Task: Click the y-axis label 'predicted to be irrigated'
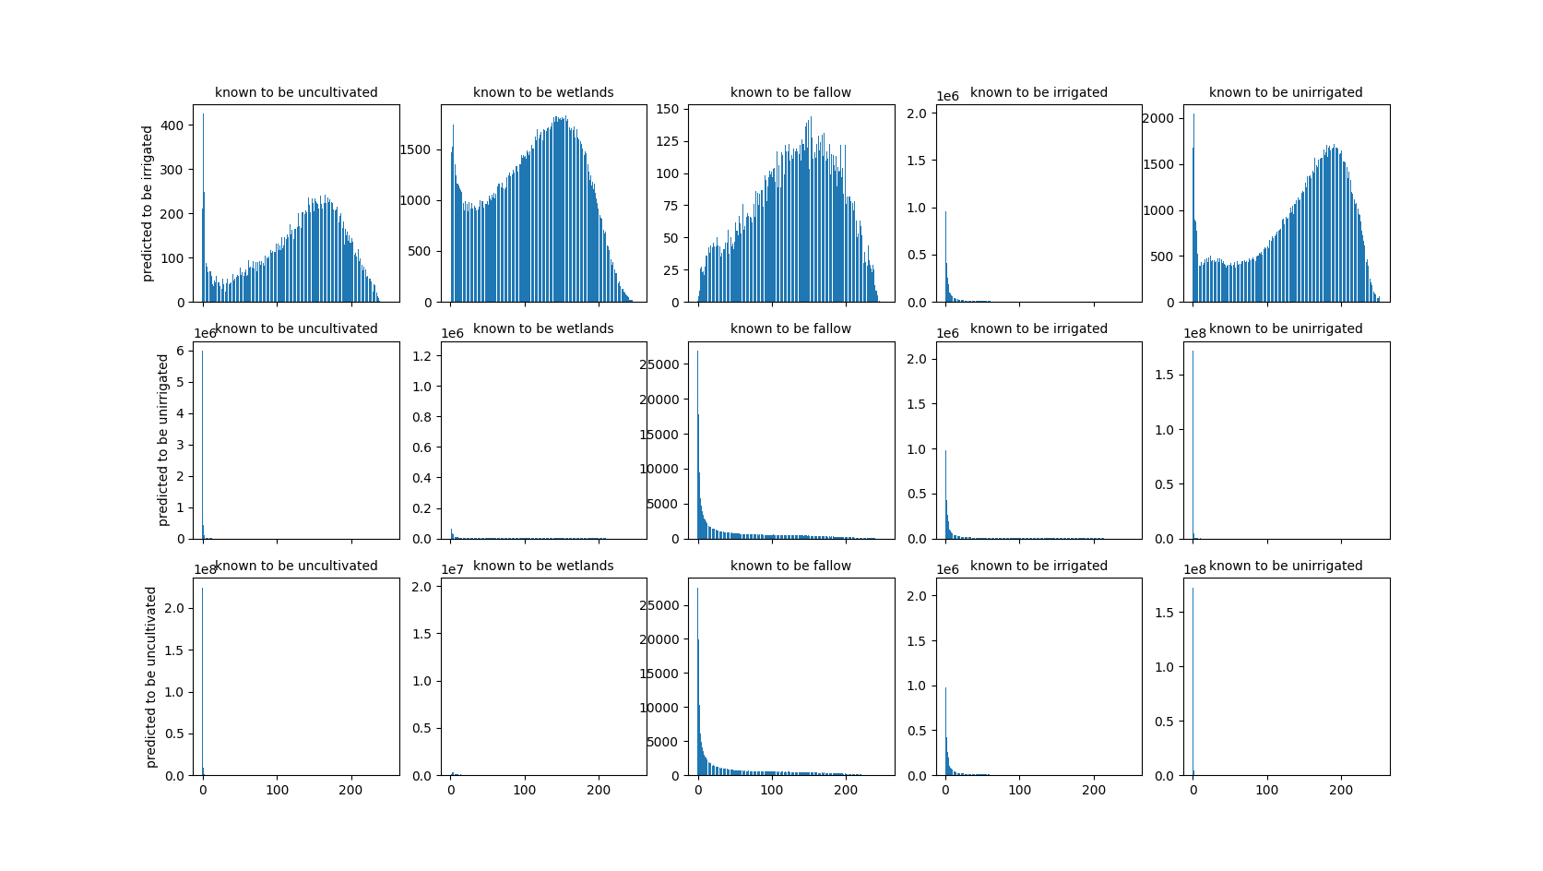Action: point(148,203)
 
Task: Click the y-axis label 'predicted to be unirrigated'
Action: point(163,440)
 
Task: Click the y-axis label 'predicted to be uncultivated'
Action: point(152,676)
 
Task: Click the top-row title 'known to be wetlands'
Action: point(543,92)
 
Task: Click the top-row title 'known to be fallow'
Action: point(790,92)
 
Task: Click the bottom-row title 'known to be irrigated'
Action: point(1039,566)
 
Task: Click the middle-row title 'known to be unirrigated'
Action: point(1286,328)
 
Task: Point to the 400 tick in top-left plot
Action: point(172,125)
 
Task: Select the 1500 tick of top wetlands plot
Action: point(414,149)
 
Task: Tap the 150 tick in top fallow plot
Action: point(667,109)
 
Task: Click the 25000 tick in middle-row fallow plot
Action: point(659,364)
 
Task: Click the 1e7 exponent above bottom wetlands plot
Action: point(452,569)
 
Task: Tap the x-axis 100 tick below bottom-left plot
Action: point(277,791)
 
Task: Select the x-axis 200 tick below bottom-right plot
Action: point(1341,791)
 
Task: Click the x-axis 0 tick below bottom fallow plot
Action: point(698,791)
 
